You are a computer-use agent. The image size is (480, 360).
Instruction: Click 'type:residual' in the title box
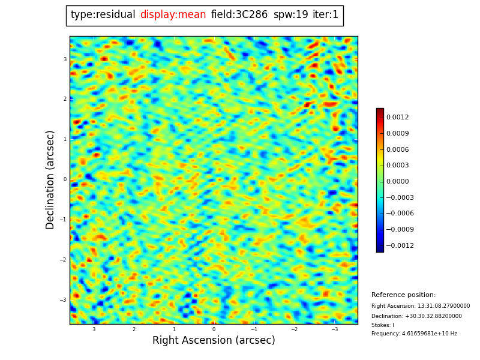[x=103, y=15]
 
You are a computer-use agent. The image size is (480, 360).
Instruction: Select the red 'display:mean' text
[x=173, y=15]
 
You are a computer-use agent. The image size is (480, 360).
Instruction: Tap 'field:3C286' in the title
[x=239, y=15]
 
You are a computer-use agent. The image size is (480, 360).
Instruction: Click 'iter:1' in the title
[x=325, y=15]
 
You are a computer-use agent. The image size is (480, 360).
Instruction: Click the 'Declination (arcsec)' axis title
[x=50, y=179]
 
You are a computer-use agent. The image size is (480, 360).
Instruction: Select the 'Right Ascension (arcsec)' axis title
[x=214, y=341]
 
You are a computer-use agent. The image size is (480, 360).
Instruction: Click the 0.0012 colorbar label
[x=397, y=118]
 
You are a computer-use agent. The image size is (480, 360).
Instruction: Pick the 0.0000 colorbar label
[x=397, y=182]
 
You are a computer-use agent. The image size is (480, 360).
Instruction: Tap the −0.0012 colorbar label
[x=399, y=246]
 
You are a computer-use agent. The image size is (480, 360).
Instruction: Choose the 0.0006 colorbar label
[x=397, y=150]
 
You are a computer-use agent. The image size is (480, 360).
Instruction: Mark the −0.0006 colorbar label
[x=399, y=214]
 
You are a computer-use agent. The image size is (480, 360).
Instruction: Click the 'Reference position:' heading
[x=403, y=295]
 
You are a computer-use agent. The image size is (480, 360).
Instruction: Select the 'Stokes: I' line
[x=383, y=325]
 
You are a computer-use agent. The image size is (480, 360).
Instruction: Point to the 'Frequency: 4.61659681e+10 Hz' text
[x=414, y=334]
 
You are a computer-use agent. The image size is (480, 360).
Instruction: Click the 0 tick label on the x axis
[x=214, y=329]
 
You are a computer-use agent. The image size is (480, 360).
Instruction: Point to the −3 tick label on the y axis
[x=64, y=300]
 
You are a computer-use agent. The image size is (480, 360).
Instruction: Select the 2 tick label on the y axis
[x=65, y=99]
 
